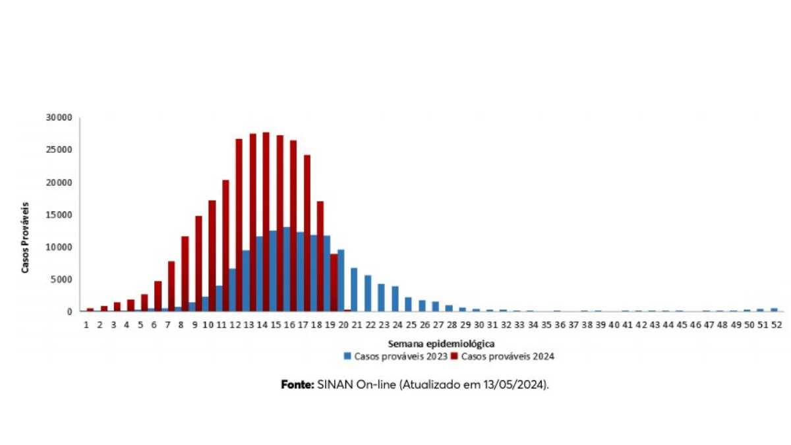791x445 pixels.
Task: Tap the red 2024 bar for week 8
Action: click(x=185, y=274)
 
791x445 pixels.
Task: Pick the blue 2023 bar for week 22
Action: click(x=368, y=293)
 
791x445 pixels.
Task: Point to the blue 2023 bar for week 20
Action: click(x=341, y=280)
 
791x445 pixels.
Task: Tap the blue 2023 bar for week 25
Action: click(x=408, y=304)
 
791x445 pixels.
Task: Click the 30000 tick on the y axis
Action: click(x=59, y=117)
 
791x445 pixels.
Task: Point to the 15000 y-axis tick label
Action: click(x=59, y=215)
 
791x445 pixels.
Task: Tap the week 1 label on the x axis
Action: click(x=86, y=325)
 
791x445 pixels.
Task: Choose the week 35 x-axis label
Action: click(x=546, y=325)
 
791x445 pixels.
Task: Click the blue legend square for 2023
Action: click(x=347, y=357)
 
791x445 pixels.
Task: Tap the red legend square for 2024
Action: click(x=455, y=357)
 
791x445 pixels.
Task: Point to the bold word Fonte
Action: click(x=297, y=384)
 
